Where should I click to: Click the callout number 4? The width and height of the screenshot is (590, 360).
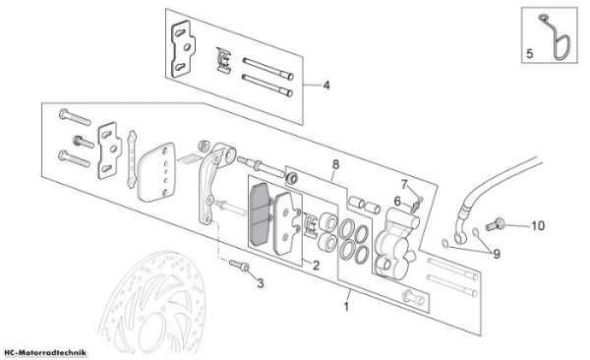(326, 86)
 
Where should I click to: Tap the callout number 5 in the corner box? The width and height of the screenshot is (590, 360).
(529, 54)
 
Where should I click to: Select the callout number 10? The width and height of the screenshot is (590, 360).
(538, 226)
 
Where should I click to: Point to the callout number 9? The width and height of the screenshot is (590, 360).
(497, 254)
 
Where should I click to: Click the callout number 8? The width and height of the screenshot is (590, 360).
(335, 164)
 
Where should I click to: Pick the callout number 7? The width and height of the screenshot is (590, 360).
(404, 185)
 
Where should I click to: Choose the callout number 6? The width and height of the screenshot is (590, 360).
(397, 202)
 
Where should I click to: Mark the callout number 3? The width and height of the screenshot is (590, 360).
(260, 283)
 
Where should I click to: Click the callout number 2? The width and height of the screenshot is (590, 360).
(316, 266)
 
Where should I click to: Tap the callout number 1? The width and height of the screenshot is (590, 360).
(346, 306)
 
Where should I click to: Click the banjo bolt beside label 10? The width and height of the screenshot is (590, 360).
(495, 224)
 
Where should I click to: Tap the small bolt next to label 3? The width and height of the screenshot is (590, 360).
(239, 266)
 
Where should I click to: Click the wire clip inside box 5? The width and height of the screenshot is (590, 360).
(557, 37)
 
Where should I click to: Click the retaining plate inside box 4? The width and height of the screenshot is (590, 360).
(183, 49)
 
